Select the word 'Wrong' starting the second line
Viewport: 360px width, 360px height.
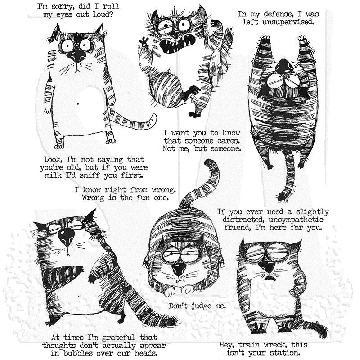pos(94,198)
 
